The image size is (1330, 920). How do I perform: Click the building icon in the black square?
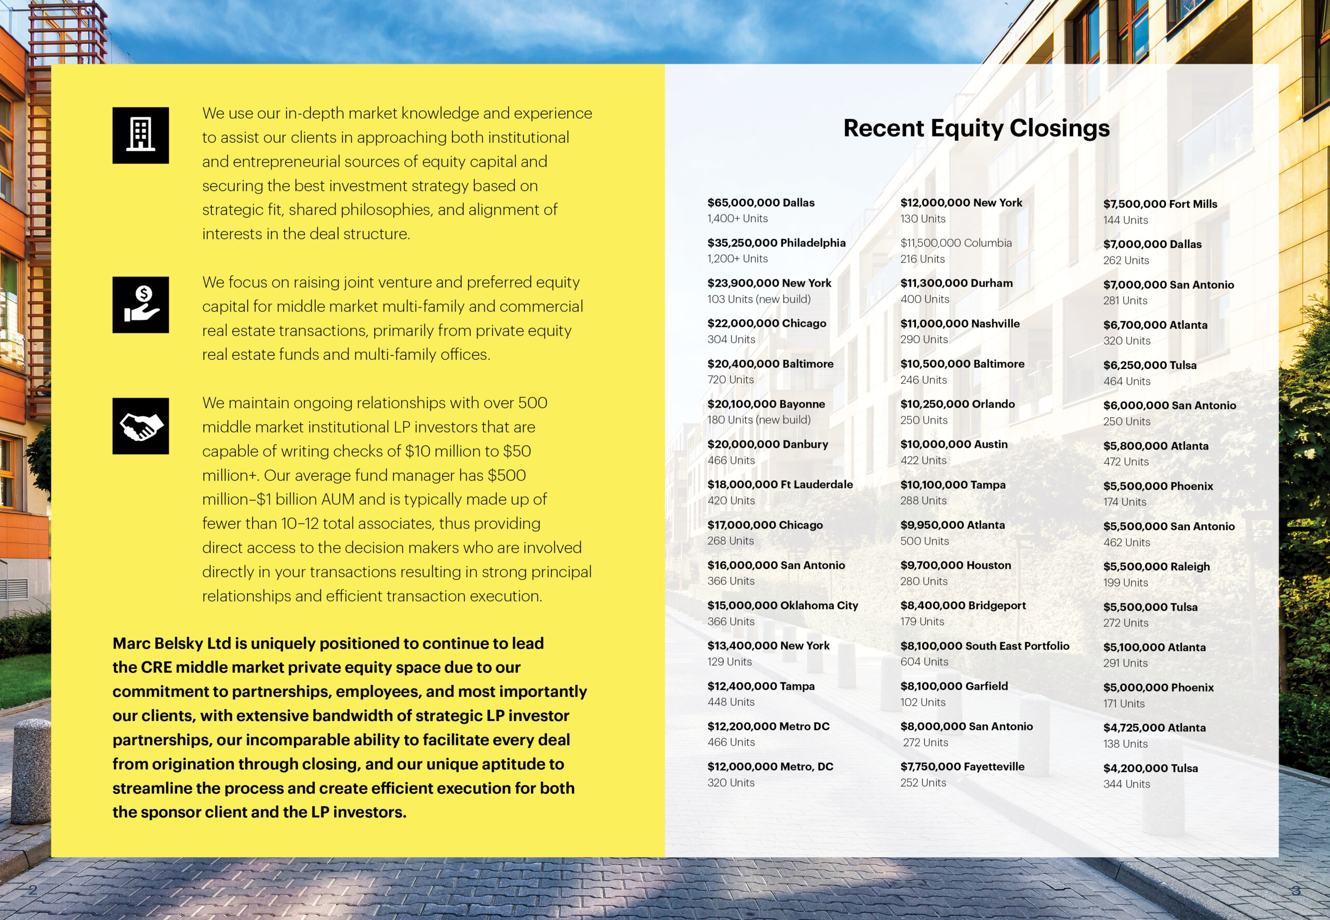click(x=140, y=136)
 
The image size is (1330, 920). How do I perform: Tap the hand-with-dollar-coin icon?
click(x=140, y=305)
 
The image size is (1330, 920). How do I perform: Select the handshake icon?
click(x=140, y=426)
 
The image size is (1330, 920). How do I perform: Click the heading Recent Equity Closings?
click(x=976, y=128)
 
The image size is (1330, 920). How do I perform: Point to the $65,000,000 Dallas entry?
click(x=761, y=203)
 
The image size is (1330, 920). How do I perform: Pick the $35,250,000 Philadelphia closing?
click(x=776, y=242)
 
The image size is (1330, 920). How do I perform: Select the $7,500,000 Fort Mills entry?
click(x=1160, y=204)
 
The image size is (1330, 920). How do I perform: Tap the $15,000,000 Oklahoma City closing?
click(x=782, y=605)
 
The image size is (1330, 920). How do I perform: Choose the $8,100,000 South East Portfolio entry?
click(x=985, y=646)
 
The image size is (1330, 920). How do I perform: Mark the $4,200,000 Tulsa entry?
click(x=1150, y=768)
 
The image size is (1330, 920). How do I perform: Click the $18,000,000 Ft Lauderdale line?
click(x=780, y=485)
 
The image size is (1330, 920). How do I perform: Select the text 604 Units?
click(x=924, y=662)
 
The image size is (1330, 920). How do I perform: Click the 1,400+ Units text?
click(x=737, y=219)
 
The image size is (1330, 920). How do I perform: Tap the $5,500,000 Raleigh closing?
click(x=1156, y=566)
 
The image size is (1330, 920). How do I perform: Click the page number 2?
click(x=33, y=889)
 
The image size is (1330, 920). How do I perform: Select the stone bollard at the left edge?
click(x=31, y=769)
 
